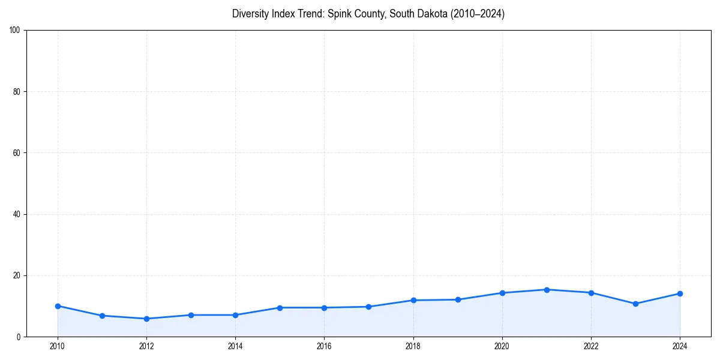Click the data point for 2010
point(58,306)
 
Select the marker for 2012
point(146,319)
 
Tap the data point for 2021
point(547,290)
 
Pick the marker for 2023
point(635,304)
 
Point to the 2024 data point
point(680,293)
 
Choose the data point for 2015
point(280,308)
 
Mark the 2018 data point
point(413,300)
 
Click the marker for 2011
point(102,316)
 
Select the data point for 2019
point(458,299)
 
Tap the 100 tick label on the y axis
point(15,30)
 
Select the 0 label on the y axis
point(19,337)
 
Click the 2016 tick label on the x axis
point(324,346)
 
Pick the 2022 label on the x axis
point(591,346)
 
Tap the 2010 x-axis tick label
point(58,346)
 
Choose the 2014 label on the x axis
point(235,346)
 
